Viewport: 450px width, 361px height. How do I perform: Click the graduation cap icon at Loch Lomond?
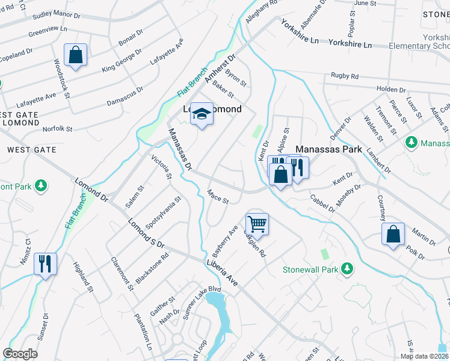pyautogui.click(x=202, y=113)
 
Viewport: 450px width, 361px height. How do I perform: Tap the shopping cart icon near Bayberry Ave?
pyautogui.click(x=257, y=224)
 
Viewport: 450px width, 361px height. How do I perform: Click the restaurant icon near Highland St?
pyautogui.click(x=45, y=264)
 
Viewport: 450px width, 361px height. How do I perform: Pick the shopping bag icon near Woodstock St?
pyautogui.click(x=76, y=55)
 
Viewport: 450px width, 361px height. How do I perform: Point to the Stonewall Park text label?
pyautogui.click(x=310, y=269)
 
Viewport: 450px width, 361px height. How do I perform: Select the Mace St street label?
pyautogui.click(x=217, y=197)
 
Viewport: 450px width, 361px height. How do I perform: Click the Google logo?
pyautogui.click(x=20, y=354)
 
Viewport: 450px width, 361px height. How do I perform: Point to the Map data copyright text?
pyautogui.click(x=424, y=356)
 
